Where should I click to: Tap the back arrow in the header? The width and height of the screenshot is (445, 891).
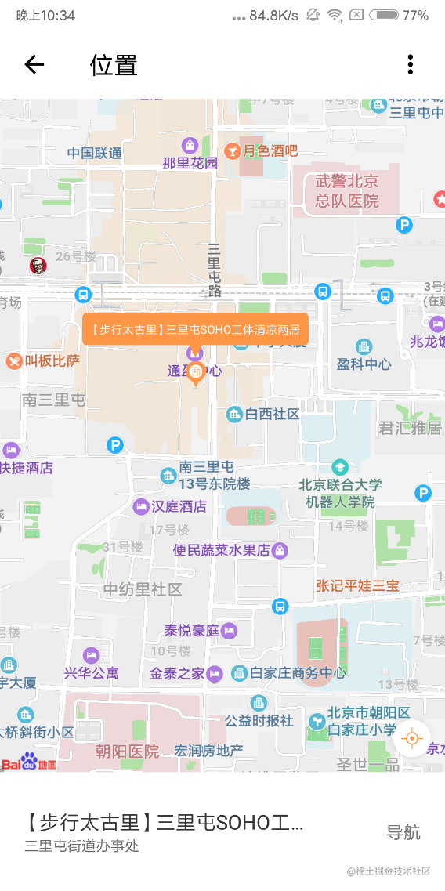coord(34,64)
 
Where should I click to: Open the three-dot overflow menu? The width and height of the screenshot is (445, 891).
coord(410,64)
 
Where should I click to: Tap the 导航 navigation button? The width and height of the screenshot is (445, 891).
coord(403,832)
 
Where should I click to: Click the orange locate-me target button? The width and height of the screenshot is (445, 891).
coord(412,737)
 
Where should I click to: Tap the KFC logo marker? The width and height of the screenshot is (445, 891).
coord(38,266)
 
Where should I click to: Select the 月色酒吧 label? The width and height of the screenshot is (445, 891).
coord(270,151)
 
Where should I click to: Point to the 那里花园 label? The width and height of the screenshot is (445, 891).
coord(190,163)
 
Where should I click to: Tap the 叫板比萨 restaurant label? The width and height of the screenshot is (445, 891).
coord(52,361)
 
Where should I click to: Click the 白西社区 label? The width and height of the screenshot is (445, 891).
coord(272,414)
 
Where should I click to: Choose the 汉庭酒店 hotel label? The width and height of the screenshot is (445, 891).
coord(179,506)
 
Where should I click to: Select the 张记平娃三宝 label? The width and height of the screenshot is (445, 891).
coord(357,585)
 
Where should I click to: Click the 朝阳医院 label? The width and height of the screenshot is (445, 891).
coord(127,752)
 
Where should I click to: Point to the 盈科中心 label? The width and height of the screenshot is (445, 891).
coord(364,364)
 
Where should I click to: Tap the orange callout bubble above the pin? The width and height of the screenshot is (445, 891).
coord(195,330)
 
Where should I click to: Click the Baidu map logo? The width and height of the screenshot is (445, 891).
coord(29,762)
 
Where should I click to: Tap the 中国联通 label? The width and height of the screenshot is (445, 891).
coord(94,154)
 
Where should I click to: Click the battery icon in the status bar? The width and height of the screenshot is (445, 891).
coord(384,16)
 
